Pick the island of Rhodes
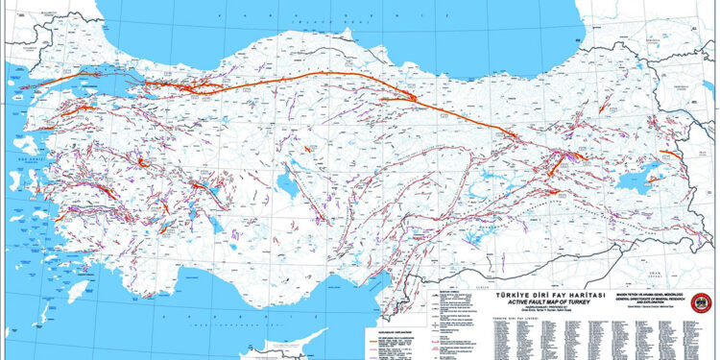click(x=114, y=288)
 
